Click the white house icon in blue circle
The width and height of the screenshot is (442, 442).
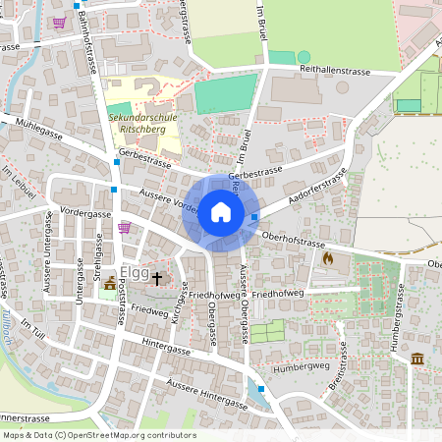pos(221,212)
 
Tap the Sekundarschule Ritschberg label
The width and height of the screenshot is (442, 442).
pos(144,121)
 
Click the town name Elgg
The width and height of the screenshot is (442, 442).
pos(134,273)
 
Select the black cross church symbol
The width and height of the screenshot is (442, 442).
pos(155,278)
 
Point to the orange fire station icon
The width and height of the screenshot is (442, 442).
pos(328,258)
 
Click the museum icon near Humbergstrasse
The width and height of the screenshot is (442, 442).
pos(417,359)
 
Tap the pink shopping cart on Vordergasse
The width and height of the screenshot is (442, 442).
pos(124,227)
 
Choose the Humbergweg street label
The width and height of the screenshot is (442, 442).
pos(299,365)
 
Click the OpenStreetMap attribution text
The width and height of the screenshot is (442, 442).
pos(98,435)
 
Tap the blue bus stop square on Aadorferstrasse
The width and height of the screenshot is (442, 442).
pos(254,217)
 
